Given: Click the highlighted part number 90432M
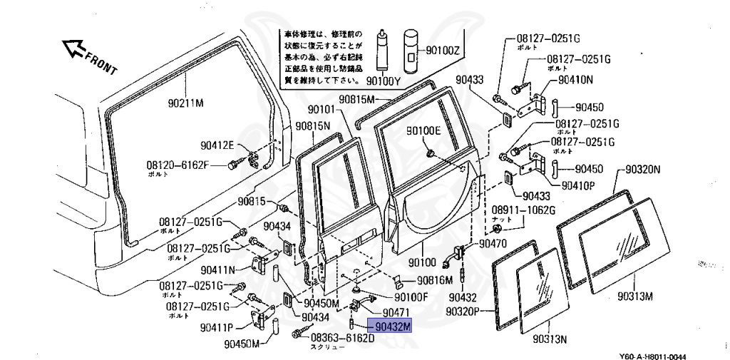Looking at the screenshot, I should (394, 326).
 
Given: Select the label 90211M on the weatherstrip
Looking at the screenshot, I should (186, 103).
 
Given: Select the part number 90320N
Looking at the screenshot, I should (644, 170).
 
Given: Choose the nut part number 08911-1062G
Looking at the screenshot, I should (523, 210).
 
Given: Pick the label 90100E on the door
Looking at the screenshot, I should (424, 130).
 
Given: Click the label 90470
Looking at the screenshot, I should (493, 244).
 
